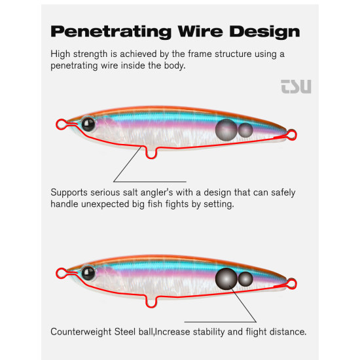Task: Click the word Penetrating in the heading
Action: point(111,31)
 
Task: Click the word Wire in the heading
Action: point(200,31)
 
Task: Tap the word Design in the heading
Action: point(264,31)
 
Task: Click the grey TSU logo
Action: point(296,86)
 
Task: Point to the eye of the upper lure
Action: point(88,124)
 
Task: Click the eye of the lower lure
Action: point(88,273)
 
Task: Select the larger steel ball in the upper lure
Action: point(226,130)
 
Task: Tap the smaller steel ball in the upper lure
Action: point(245,130)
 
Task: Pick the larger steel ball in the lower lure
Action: point(226,279)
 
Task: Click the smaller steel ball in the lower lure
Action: point(245,279)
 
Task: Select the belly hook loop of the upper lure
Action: point(151,158)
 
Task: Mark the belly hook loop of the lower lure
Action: point(151,306)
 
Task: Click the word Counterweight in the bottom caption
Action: point(81,332)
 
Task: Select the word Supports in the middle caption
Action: point(69,193)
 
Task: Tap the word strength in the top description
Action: point(90,54)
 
